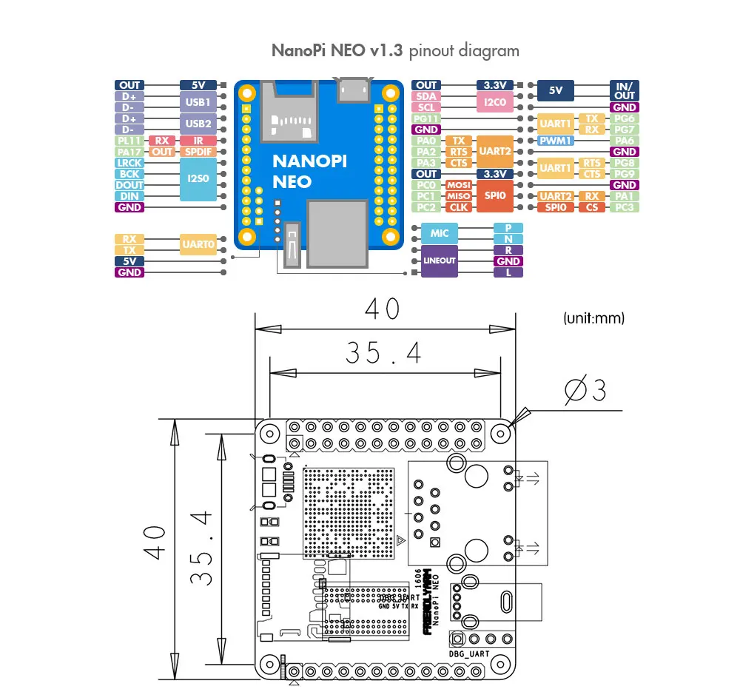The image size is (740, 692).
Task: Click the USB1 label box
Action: (198, 101)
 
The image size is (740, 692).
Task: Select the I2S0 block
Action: (198, 179)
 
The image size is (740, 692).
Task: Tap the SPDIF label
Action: (198, 152)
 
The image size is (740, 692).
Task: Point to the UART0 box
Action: (198, 244)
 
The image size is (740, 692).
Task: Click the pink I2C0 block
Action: (494, 102)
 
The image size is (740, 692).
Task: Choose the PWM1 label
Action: (554, 141)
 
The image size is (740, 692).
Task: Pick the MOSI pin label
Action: (459, 185)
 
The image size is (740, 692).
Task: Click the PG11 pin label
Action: (427, 118)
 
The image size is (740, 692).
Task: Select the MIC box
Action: (440, 233)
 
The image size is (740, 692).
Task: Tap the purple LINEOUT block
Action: (440, 261)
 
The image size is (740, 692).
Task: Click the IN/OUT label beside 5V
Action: (624, 90)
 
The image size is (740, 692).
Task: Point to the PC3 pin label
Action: (624, 207)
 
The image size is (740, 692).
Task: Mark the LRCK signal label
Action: (129, 163)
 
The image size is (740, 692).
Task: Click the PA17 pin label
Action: (129, 152)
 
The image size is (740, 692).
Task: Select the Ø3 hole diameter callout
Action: (585, 391)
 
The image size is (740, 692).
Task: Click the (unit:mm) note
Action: (593, 318)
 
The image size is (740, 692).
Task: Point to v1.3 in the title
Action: (387, 51)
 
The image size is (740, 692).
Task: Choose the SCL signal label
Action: (427, 107)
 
